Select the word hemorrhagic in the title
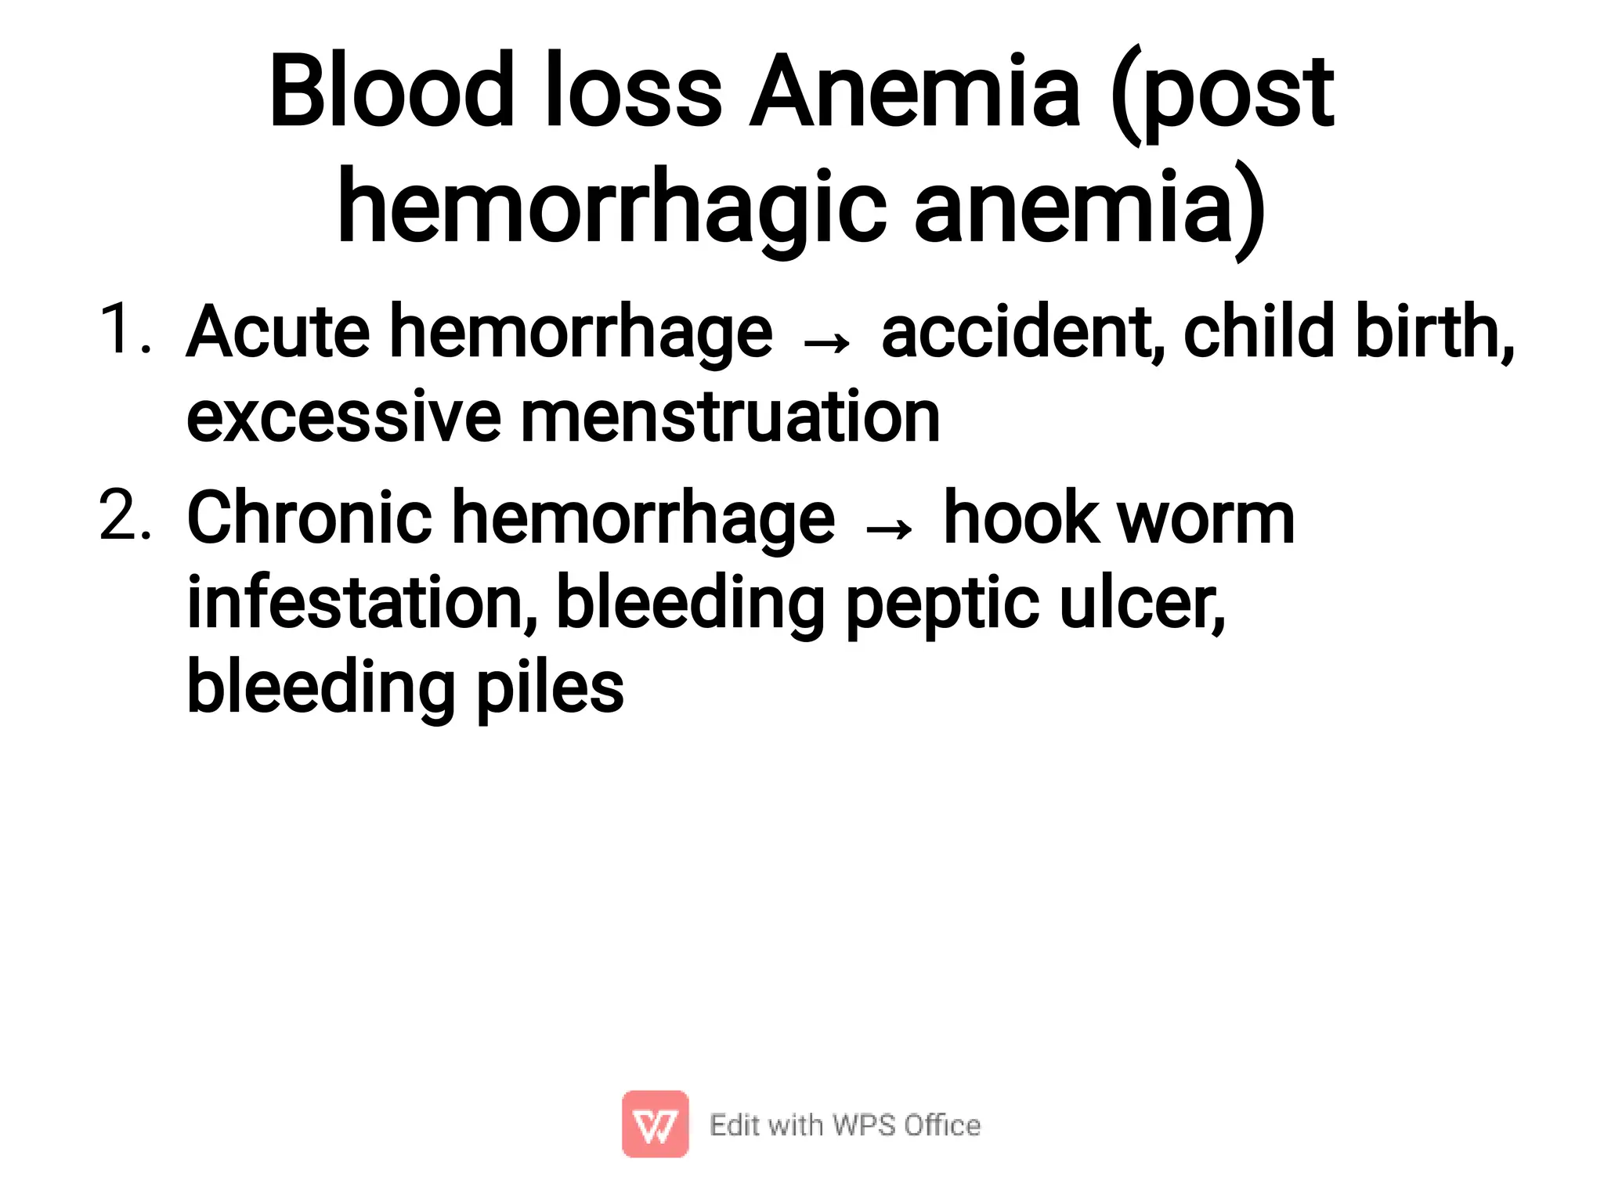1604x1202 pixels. tap(612, 208)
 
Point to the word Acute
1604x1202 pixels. tap(278, 332)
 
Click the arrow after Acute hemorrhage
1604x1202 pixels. tap(826, 342)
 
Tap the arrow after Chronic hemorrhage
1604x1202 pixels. tap(888, 529)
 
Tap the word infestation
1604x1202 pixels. tap(361, 602)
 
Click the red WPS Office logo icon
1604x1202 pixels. tap(655, 1124)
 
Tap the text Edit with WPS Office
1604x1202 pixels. tap(844, 1125)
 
